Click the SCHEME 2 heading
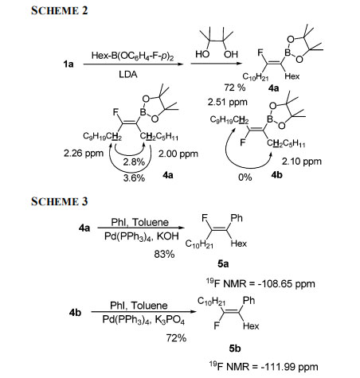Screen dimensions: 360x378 coord(59,10)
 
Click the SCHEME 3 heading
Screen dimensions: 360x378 coord(59,201)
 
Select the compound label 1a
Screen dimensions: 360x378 coord(68,64)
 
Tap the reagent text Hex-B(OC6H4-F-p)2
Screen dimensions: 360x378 coord(132,56)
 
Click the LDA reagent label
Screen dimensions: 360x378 coord(128,74)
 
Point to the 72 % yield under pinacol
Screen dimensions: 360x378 coord(235,88)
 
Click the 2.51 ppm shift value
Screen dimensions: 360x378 coord(228,102)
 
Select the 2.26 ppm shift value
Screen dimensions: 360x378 coord(84,154)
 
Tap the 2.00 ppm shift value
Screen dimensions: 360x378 coord(178,154)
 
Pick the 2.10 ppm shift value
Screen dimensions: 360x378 coord(302,162)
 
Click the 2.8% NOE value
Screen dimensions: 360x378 coord(134,162)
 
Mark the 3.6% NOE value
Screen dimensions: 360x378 coord(134,177)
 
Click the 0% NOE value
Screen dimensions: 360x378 coord(245,177)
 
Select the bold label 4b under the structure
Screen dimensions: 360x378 coord(276,175)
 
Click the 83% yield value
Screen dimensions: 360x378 coord(164,254)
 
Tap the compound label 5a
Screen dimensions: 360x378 coord(223,264)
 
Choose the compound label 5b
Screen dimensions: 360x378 coord(235,349)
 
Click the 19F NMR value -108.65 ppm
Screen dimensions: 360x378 coord(261,283)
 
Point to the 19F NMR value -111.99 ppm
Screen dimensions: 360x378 coord(264,367)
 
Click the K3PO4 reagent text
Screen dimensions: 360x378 coord(170,320)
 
